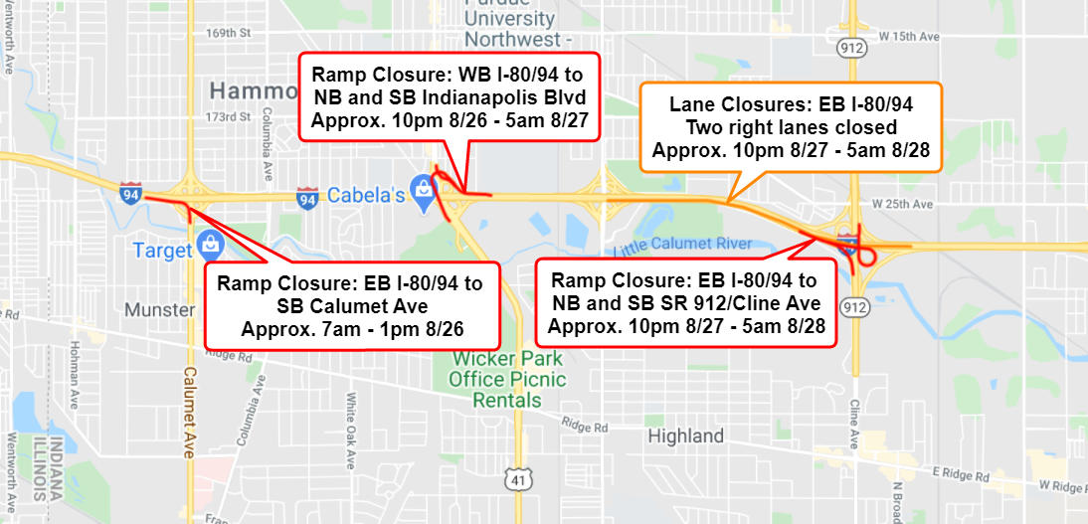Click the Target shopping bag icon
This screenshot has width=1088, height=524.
click(209, 242)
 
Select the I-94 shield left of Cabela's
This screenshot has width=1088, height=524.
click(308, 199)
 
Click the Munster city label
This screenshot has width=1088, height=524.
click(159, 310)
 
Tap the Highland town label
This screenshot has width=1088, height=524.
click(685, 436)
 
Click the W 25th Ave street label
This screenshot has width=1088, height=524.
click(904, 204)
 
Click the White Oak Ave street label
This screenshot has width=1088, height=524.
click(350, 422)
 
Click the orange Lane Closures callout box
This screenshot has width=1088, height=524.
click(777, 126)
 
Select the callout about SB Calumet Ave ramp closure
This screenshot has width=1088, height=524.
click(349, 305)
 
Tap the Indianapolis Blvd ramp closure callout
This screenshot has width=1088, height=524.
click(448, 97)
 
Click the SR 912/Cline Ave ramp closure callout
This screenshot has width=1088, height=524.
click(684, 302)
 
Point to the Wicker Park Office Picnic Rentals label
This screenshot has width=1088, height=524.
click(507, 379)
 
